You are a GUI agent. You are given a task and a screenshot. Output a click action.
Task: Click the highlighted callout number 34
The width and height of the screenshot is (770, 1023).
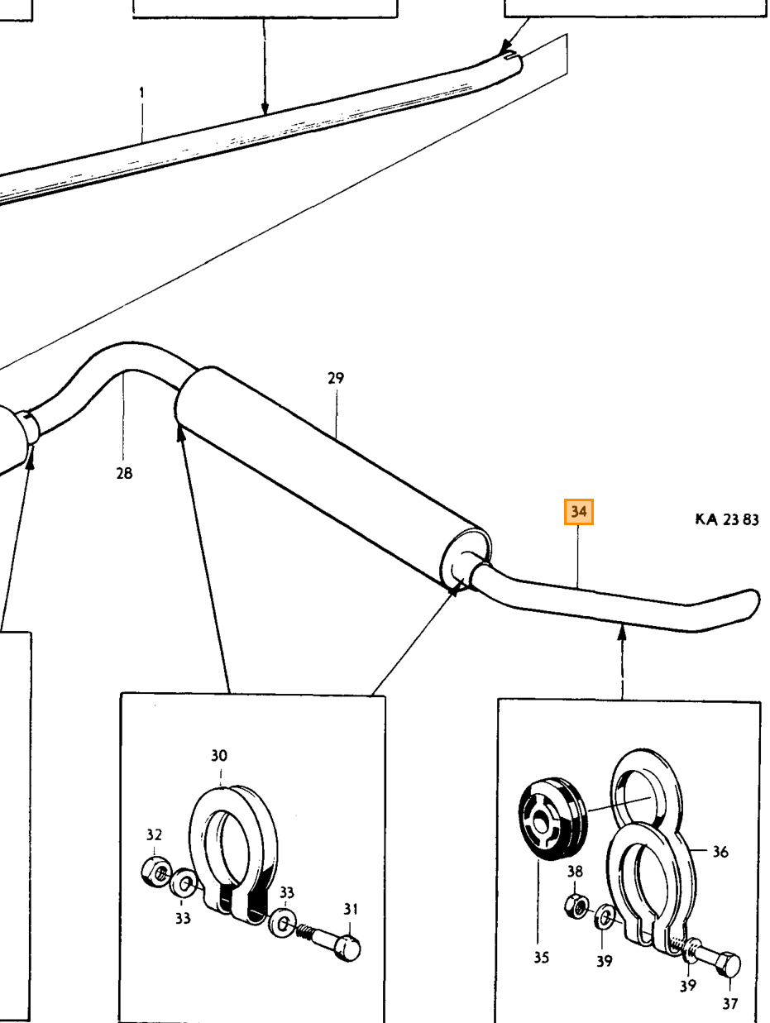(578, 512)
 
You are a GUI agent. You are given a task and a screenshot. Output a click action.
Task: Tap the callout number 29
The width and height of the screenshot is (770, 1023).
(336, 377)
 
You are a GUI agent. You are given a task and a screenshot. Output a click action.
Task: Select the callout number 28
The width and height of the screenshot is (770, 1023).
(124, 474)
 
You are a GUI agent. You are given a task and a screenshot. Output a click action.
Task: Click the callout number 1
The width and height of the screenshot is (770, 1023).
(141, 93)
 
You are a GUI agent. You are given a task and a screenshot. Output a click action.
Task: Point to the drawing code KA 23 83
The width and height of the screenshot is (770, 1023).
(727, 519)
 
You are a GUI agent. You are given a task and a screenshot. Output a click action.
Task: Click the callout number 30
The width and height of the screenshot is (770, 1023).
(219, 756)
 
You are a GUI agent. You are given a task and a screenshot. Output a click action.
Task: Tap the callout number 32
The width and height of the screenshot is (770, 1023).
(154, 834)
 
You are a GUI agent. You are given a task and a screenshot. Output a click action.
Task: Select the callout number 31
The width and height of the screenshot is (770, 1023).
(351, 909)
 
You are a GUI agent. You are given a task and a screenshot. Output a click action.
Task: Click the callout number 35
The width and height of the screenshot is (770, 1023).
(541, 958)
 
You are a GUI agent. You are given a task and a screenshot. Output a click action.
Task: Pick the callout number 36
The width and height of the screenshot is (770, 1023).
(720, 852)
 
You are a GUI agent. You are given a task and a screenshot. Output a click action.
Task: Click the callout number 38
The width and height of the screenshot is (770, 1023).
(575, 872)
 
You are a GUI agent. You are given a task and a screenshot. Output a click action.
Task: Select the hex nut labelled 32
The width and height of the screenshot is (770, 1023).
(156, 872)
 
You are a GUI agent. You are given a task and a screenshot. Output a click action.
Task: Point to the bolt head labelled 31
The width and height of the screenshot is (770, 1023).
(347, 948)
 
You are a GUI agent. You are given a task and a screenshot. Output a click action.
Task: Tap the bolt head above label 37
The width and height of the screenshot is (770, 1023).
(727, 966)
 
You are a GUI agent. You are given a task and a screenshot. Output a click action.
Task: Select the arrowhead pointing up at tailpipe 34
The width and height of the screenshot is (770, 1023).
(622, 633)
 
